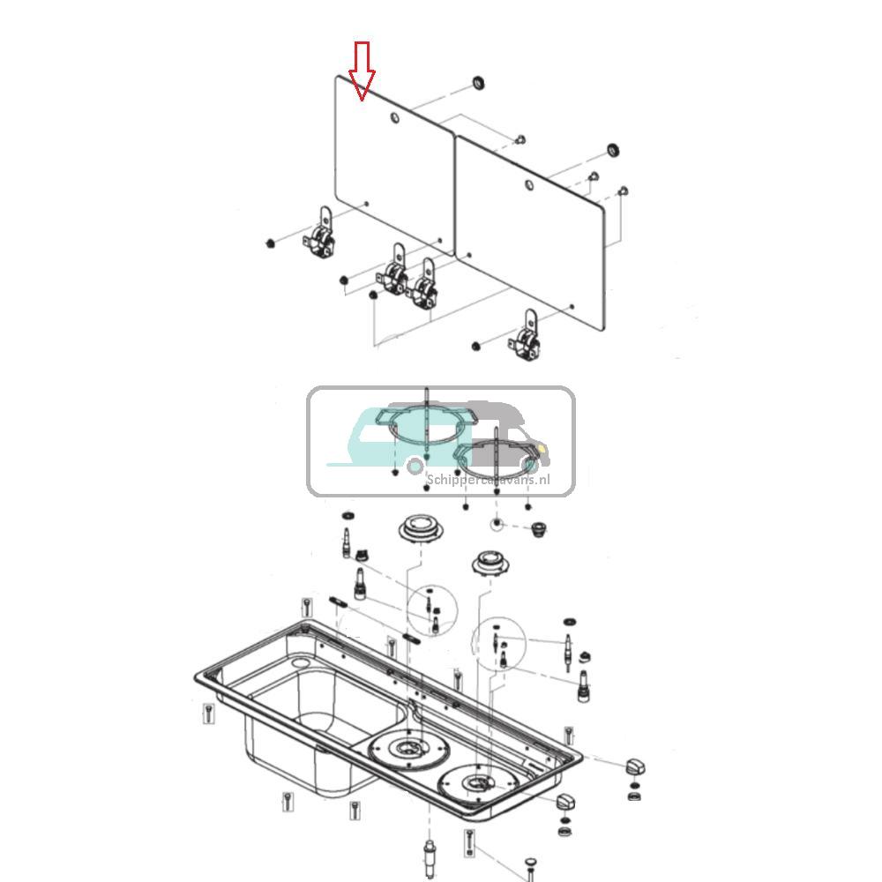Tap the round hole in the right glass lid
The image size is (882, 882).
click(528, 185)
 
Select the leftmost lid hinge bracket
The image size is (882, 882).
click(320, 235)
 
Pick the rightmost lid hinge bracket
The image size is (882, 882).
click(529, 338)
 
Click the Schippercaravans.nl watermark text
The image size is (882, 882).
click(488, 480)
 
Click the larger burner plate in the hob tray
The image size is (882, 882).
click(407, 750)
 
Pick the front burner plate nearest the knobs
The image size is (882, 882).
click(479, 784)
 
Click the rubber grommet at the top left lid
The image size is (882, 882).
click(477, 83)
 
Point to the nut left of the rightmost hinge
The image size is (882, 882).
click(475, 346)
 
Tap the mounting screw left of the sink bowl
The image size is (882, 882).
click(207, 713)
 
